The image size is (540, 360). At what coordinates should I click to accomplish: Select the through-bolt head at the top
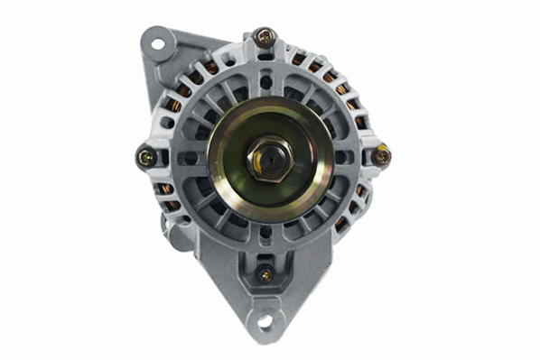264,38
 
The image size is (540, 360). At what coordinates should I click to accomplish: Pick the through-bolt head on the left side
146,157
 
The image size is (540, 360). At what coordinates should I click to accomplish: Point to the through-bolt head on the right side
382,156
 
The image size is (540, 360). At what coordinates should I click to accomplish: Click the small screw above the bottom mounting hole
265,274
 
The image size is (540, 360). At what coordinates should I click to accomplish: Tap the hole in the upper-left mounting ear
158,43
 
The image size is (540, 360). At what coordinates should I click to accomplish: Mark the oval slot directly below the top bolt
264,70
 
